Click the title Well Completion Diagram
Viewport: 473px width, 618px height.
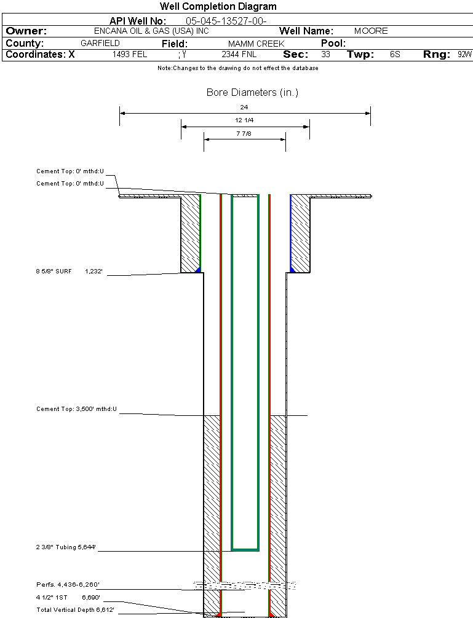pos(218,7)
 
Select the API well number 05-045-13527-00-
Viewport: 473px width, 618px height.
pos(225,21)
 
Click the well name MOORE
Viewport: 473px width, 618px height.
pos(371,31)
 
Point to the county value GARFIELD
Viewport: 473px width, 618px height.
pos(100,44)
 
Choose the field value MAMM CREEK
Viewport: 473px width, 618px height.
pos(256,44)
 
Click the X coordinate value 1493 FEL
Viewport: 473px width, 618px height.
pos(130,55)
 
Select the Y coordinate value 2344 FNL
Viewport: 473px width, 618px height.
pos(238,55)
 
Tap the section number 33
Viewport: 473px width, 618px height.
pos(325,55)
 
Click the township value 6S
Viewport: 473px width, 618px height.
pos(395,55)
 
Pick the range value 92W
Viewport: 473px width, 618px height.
pos(464,55)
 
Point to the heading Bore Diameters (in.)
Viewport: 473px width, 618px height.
pos(252,93)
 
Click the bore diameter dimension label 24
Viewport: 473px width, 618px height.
pos(244,108)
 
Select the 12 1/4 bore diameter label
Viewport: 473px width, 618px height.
pos(244,120)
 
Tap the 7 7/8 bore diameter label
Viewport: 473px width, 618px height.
pos(244,133)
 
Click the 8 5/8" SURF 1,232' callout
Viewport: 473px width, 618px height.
pos(72,270)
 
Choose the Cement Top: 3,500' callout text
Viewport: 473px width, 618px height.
pos(76,409)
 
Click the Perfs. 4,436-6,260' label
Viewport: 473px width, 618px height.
pos(68,584)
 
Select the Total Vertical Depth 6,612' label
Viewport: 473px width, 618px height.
pos(75,609)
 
